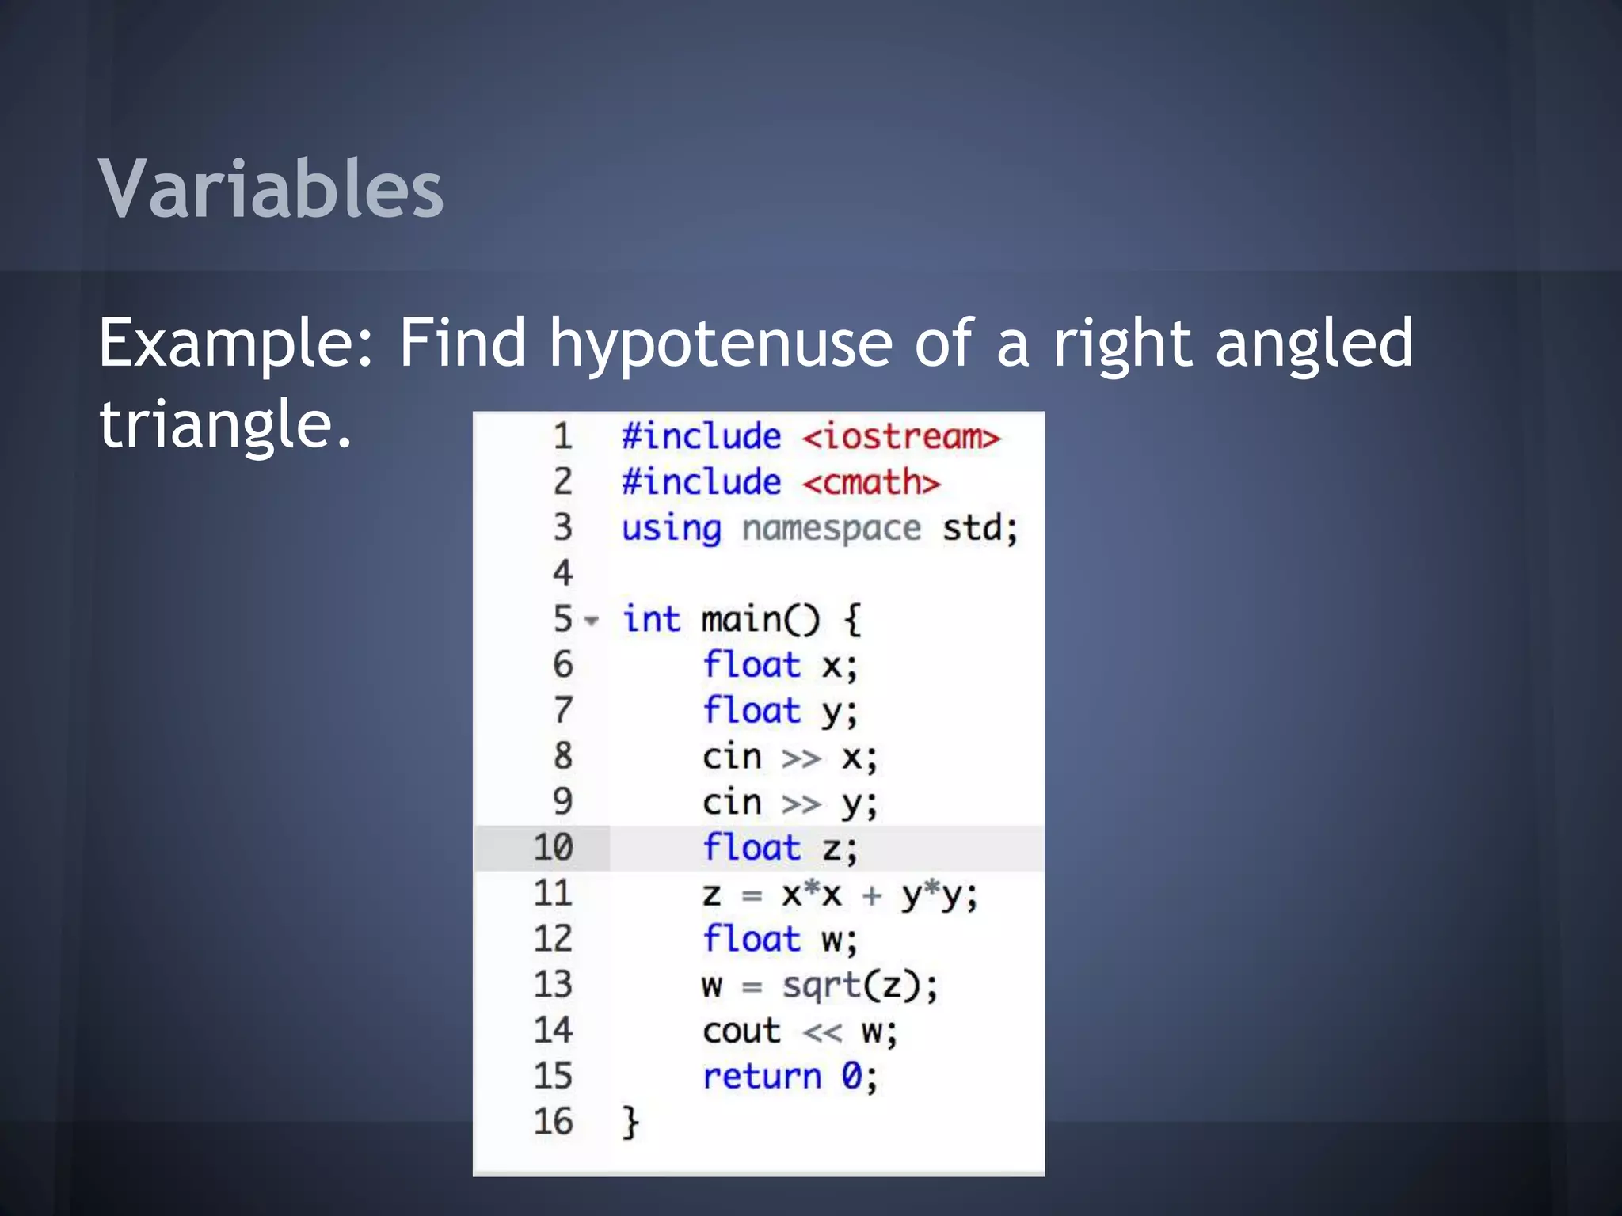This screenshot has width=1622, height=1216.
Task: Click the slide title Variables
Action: [271, 188]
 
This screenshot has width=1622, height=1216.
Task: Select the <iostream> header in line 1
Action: [901, 437]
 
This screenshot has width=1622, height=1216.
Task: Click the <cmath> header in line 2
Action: [871, 482]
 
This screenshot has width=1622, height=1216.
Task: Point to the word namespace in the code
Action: [831, 528]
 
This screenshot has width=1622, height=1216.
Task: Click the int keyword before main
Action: [651, 619]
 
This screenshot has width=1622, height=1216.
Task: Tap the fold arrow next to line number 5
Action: [591, 621]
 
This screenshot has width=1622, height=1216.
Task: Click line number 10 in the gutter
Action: [553, 848]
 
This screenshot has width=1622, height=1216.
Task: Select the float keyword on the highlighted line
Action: [752, 848]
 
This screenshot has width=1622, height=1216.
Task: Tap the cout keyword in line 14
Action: [741, 1032]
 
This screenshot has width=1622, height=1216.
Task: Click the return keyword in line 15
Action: [762, 1077]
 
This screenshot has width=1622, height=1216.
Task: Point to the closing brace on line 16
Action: [630, 1123]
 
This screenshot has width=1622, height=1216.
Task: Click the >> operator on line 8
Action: [801, 758]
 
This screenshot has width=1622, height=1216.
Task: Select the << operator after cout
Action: [822, 1032]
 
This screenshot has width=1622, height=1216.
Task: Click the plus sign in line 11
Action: [871, 895]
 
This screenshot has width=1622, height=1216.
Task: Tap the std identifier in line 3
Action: [972, 528]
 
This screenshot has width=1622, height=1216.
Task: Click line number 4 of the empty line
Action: [562, 573]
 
